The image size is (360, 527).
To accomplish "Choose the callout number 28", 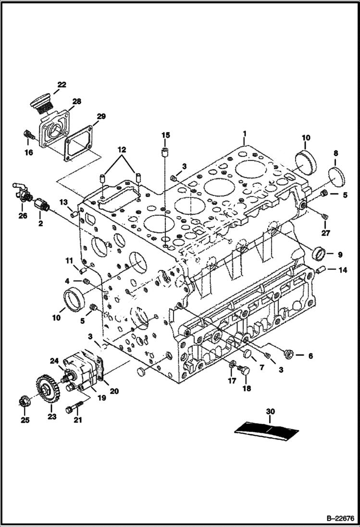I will pyautogui.click(x=77, y=101).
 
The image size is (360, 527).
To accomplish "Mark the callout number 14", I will pyautogui.click(x=342, y=270).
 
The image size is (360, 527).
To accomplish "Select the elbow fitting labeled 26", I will pyautogui.click(x=21, y=192).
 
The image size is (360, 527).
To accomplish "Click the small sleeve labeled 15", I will pyautogui.click(x=165, y=153).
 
